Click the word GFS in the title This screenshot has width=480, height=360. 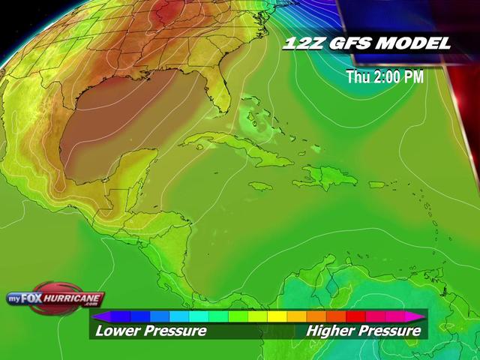click(x=348, y=43)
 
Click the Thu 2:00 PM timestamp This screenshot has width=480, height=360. click(x=385, y=76)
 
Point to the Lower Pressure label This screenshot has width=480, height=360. click(x=150, y=331)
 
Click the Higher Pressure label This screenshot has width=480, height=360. click(x=364, y=331)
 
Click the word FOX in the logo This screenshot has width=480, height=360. click(x=41, y=298)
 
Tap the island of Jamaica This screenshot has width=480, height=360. click(x=259, y=185)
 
